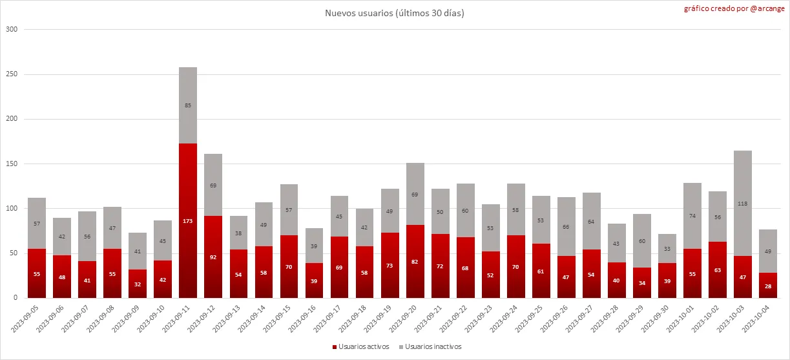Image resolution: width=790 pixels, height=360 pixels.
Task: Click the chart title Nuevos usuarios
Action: pyautogui.click(x=394, y=14)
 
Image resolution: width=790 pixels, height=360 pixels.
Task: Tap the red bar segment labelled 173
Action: pyautogui.click(x=188, y=220)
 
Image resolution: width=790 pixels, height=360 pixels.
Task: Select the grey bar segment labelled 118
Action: pyautogui.click(x=743, y=203)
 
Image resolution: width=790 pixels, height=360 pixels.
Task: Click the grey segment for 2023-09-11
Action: pyautogui.click(x=188, y=105)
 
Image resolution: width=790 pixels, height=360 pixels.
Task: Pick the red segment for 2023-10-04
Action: pyautogui.click(x=768, y=285)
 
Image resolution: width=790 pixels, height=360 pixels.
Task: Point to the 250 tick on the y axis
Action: pyautogui.click(x=12, y=74)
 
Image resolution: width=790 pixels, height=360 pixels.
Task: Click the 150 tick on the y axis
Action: pyautogui.click(x=12, y=164)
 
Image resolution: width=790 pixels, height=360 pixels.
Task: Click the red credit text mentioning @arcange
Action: pyautogui.click(x=735, y=9)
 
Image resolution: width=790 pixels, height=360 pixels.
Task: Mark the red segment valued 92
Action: pyautogui.click(x=213, y=257)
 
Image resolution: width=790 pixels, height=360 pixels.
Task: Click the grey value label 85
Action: pyautogui.click(x=188, y=105)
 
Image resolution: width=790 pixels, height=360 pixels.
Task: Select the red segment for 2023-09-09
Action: pyautogui.click(x=138, y=284)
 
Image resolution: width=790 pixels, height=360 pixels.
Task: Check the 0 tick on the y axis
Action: pyautogui.click(x=14, y=298)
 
